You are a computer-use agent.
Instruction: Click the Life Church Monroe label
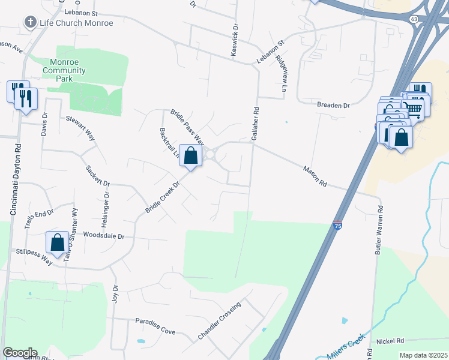click(76, 23)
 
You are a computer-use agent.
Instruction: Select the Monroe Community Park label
click(64, 70)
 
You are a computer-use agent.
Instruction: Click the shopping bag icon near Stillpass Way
click(58, 243)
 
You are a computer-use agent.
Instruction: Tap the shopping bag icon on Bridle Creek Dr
click(190, 155)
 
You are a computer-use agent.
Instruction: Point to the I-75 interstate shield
click(338, 226)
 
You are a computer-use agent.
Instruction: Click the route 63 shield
click(414, 19)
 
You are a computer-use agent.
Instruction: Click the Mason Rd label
click(315, 175)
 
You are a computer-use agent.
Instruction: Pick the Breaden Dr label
click(334, 105)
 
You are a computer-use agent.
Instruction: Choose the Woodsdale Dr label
click(104, 236)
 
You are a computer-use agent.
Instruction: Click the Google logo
click(20, 353)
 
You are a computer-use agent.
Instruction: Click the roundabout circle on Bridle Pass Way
click(210, 155)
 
